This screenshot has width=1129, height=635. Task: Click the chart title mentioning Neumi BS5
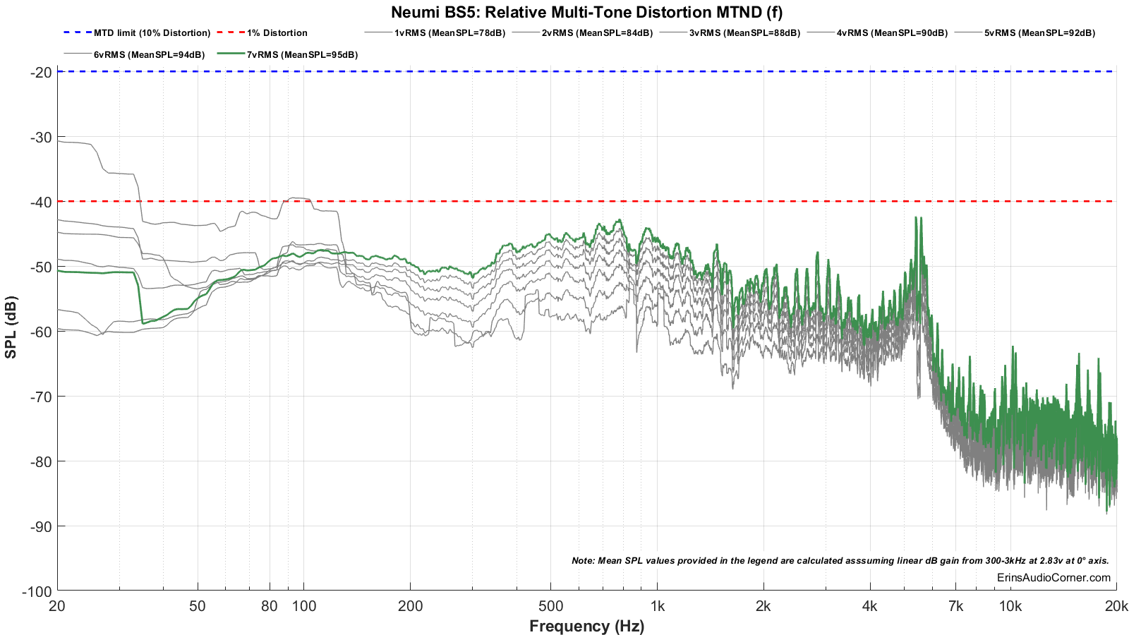(x=586, y=12)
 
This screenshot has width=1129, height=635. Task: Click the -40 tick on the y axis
(x=40, y=202)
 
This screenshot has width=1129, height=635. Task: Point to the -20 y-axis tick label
(x=40, y=72)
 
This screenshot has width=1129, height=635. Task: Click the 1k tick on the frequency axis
(x=657, y=606)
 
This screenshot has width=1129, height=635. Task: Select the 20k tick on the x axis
(x=1116, y=606)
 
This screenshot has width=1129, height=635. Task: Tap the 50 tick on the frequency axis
(x=198, y=606)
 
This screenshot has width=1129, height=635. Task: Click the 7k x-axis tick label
(x=955, y=606)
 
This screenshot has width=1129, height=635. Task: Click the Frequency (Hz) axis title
(x=586, y=626)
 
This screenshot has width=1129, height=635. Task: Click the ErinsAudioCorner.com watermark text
(x=1053, y=578)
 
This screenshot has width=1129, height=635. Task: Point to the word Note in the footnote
(x=583, y=561)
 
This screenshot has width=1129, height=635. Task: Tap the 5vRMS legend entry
(x=1039, y=33)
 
